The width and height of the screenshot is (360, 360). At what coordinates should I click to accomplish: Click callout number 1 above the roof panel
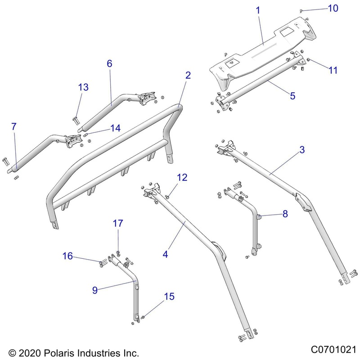pyautogui.click(x=258, y=9)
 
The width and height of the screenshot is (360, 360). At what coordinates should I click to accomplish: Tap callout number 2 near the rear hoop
pyautogui.click(x=188, y=75)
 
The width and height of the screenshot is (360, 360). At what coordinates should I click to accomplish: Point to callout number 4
pyautogui.click(x=166, y=254)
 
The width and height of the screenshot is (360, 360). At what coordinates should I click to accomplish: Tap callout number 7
pyautogui.click(x=14, y=126)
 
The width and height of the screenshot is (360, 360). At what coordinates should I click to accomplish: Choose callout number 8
pyautogui.click(x=285, y=215)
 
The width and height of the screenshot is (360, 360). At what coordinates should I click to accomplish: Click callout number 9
pyautogui.click(x=94, y=291)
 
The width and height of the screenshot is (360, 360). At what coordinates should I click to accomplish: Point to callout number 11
pyautogui.click(x=333, y=70)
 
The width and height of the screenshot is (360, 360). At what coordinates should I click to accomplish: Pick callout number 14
pyautogui.click(x=115, y=128)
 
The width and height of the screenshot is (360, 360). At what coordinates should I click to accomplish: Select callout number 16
pyautogui.click(x=67, y=256)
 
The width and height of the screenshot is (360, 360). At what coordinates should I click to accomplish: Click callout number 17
pyautogui.click(x=117, y=223)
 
